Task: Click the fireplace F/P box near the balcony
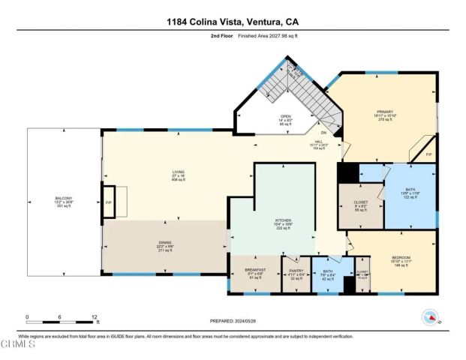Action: (110, 202)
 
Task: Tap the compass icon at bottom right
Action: (430, 316)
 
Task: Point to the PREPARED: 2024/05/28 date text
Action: (233, 320)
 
